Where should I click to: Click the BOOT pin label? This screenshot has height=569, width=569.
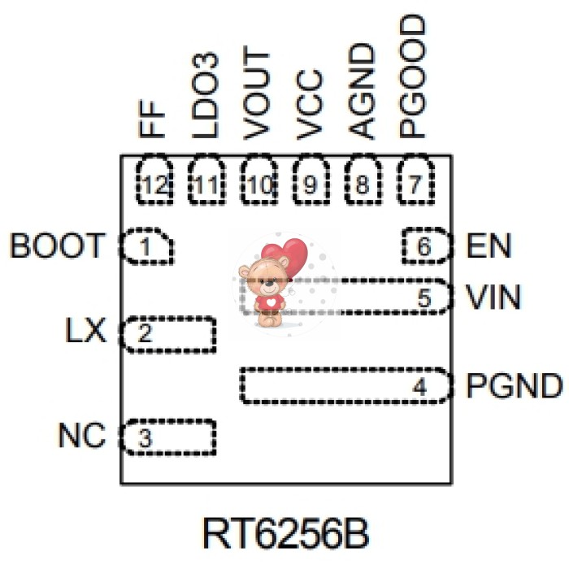point(57,245)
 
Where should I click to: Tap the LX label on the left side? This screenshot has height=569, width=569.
point(85,332)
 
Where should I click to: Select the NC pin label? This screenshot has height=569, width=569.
point(81,437)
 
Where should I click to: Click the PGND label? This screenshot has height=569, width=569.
point(514,385)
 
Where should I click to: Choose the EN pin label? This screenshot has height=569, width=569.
point(489,245)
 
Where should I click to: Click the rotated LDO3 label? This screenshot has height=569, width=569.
point(205,95)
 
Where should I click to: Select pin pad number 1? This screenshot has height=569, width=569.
point(146,246)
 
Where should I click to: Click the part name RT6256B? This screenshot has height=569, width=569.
point(285,534)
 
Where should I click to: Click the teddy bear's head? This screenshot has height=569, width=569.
point(269,275)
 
